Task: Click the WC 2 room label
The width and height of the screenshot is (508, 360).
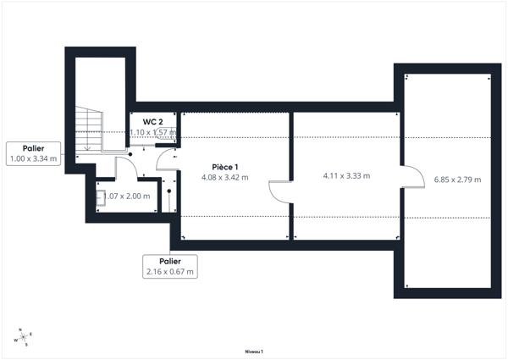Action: [152, 121]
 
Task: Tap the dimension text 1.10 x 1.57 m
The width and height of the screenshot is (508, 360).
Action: [152, 132]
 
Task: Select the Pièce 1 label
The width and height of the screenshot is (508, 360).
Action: [224, 167]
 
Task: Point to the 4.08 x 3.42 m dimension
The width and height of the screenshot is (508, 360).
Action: [224, 178]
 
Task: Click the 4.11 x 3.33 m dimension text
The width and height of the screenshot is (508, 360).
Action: [346, 176]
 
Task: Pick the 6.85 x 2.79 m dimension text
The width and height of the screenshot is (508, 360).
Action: [457, 180]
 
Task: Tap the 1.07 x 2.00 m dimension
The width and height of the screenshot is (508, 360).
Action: [127, 197]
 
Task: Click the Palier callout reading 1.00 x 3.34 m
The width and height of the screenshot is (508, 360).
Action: [33, 153]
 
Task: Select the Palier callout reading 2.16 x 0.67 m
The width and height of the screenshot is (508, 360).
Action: [170, 266]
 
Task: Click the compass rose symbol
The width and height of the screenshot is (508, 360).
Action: [24, 337]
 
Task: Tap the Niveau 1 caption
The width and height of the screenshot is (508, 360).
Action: [254, 351]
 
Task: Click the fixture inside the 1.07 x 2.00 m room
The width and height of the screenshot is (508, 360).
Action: [101, 198]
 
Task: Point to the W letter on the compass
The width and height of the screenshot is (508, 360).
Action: [14, 341]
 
